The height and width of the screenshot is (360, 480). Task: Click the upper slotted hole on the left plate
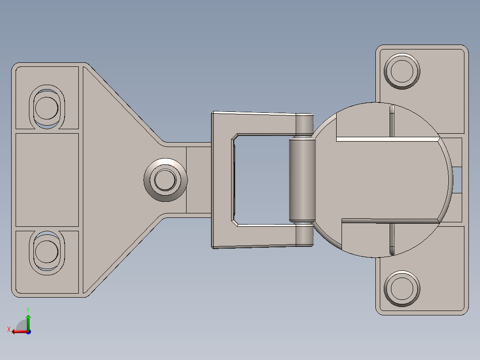pos(46,107)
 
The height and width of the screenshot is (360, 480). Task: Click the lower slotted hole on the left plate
pos(46,252)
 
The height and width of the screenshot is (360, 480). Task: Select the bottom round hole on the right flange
pos(402,288)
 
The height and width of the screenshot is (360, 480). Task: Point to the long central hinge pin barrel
pos(302,180)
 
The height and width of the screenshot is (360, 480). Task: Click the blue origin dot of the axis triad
pos(28,331)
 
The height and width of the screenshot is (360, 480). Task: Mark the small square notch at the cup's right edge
pos(457,180)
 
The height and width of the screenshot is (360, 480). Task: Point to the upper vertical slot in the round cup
pos(392,120)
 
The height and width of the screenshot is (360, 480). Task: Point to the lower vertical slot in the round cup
pos(392,239)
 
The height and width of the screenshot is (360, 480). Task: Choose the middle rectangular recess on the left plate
pos(47,180)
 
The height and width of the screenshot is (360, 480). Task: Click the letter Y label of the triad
pos(28,309)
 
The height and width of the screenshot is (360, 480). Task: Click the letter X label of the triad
pos(8,330)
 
